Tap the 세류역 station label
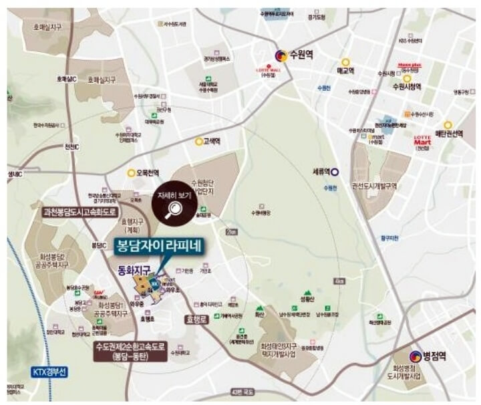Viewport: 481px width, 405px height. coord(321,171)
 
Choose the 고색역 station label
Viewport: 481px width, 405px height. coord(212,142)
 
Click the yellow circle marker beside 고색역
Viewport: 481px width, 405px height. coord(198,142)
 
